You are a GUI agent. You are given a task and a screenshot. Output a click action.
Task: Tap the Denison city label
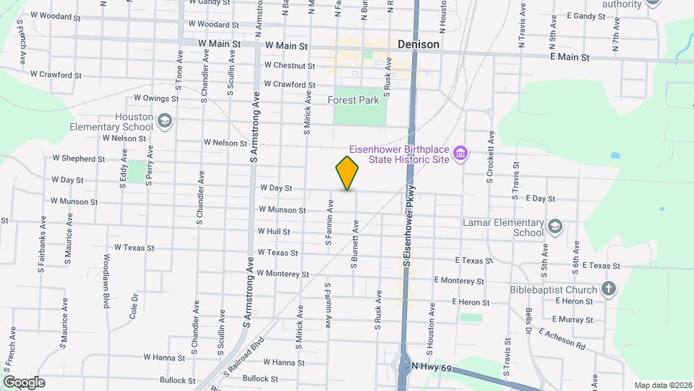point(419,44)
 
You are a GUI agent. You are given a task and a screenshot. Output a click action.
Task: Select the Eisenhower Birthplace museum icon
point(460,153)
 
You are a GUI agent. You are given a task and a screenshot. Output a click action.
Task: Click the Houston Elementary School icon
point(165,120)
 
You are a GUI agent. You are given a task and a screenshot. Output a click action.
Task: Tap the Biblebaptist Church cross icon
point(608,290)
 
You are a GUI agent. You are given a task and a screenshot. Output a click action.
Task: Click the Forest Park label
point(354,101)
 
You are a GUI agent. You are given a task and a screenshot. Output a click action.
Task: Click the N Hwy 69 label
point(432,369)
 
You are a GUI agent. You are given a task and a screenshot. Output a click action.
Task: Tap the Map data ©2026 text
point(661,385)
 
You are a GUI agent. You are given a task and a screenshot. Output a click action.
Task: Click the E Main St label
point(570,56)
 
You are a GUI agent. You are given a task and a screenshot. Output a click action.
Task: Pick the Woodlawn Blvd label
point(106,280)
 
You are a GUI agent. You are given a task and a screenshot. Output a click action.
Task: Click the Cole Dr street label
point(134,306)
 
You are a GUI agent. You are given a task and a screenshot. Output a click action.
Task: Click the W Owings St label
point(155,98)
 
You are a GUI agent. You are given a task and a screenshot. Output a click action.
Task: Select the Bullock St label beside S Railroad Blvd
point(260,379)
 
